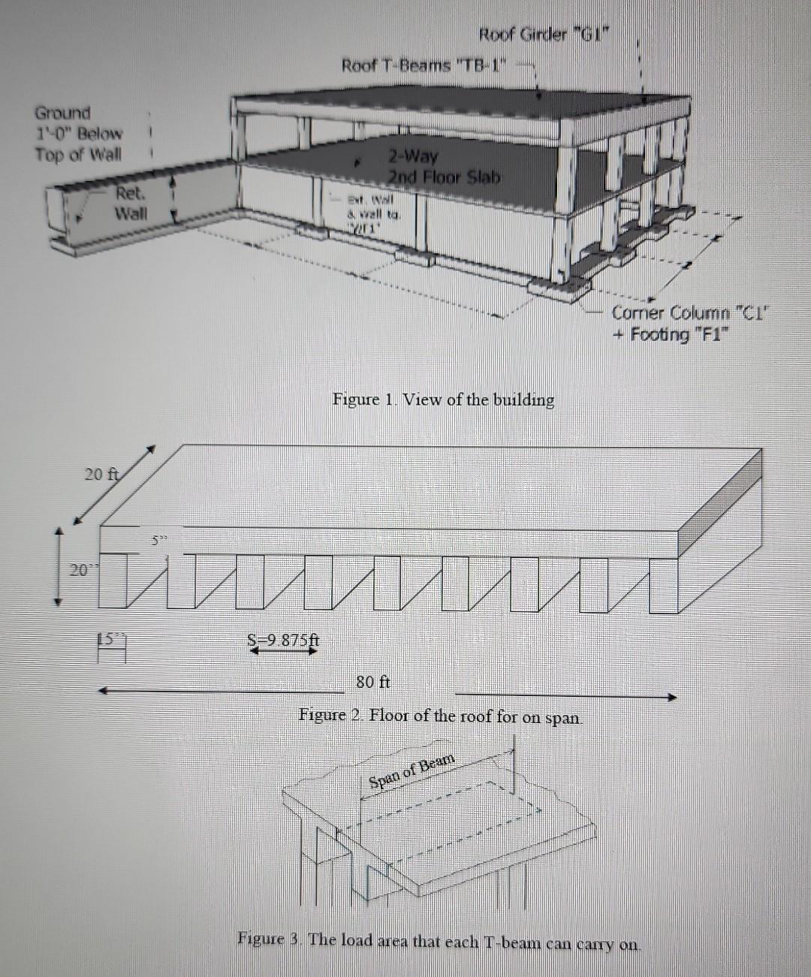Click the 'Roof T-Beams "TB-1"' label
424,65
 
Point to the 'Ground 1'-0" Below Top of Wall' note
77,134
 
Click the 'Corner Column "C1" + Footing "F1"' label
687,324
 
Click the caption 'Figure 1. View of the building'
443,400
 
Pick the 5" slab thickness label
155,539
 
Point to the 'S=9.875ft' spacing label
284,641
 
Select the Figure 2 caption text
440,716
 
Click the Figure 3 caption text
439,939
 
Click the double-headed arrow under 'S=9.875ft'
284,653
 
